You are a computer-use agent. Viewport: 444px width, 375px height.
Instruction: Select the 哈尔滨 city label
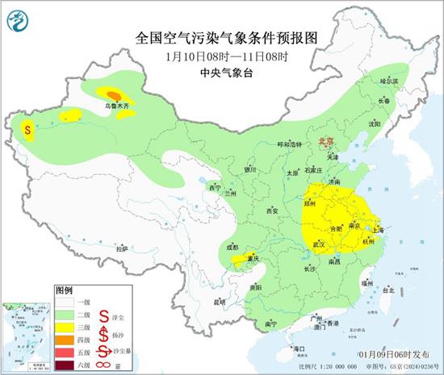point(390,81)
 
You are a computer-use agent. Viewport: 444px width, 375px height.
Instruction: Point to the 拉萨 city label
point(121,249)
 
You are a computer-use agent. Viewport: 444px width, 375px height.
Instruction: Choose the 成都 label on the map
point(232,246)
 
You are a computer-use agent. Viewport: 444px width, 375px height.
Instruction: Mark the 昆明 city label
point(219,302)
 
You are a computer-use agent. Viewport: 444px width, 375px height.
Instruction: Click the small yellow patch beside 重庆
point(241,260)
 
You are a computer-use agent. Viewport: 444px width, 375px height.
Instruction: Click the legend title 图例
point(64,290)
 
